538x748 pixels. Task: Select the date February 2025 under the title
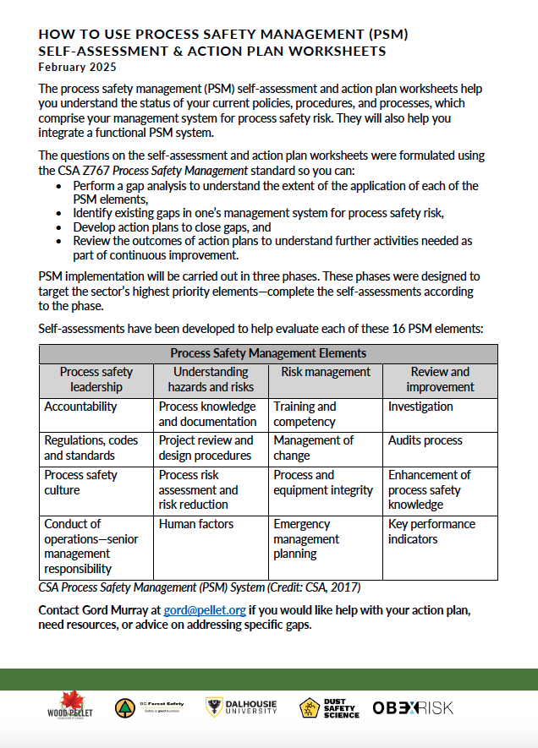[78, 67]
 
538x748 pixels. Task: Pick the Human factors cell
[196, 524]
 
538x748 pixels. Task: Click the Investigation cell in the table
[420, 407]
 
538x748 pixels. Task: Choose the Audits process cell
[425, 440]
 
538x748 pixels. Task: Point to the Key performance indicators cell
[431, 532]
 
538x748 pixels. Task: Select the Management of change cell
[314, 448]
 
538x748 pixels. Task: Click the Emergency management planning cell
[306, 539]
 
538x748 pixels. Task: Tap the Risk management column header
[326, 372]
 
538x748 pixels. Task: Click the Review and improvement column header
[440, 379]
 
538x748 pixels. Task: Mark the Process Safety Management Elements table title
[268, 353]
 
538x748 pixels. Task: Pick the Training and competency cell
[305, 414]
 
